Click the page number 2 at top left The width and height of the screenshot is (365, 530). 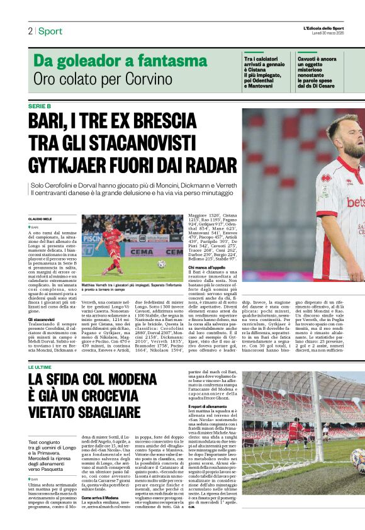30,31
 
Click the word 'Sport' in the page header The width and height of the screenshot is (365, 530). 50,31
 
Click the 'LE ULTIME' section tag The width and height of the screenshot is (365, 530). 40,366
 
